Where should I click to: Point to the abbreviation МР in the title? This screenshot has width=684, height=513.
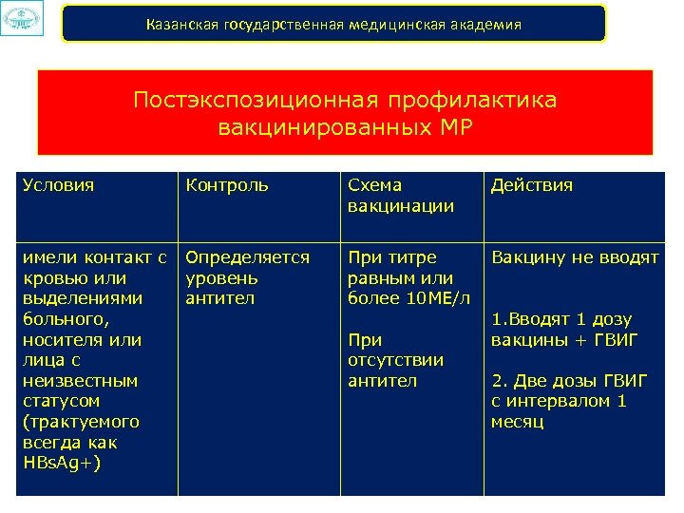[449, 126]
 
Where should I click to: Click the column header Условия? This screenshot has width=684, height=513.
[58, 185]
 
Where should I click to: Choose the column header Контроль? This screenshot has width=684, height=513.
[227, 185]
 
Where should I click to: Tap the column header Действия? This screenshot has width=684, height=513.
[532, 185]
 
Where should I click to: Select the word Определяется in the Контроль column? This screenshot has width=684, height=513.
[247, 257]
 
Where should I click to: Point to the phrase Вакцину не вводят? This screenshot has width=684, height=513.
[575, 257]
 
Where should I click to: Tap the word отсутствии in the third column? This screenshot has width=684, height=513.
[396, 360]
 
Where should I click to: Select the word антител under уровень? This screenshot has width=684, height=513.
[219, 298]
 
